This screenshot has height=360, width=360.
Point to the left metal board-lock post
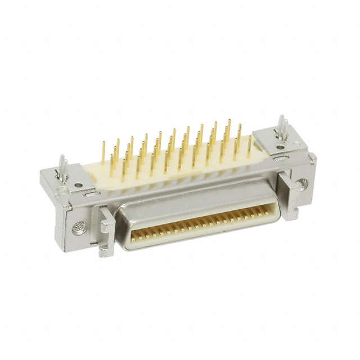[64, 169]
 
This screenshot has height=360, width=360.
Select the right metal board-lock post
[283, 129]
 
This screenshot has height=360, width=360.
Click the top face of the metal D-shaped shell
[186, 200]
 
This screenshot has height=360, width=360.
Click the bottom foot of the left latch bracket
[103, 251]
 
